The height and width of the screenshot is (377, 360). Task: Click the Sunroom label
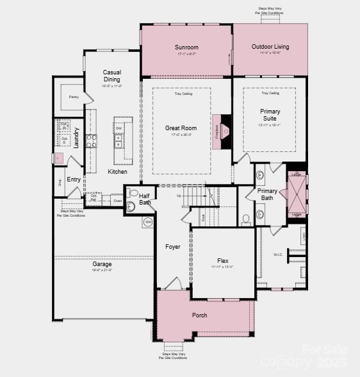point(186,47)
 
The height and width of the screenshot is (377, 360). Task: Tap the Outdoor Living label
point(270,47)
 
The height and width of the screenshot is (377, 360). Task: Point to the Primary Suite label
point(270,115)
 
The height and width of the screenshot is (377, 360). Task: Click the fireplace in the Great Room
point(222,131)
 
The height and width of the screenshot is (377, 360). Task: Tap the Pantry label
point(74,97)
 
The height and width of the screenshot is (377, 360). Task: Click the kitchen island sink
point(119,141)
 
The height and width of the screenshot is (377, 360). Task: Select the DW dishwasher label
point(119,129)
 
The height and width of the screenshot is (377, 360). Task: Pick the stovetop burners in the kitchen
point(92,141)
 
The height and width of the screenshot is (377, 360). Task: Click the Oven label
point(117,201)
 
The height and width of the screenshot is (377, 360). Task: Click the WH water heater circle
point(147,222)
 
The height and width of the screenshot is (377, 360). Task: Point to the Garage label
point(102,264)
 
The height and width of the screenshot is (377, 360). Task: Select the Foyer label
point(173,247)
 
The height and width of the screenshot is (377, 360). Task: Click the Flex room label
point(222,261)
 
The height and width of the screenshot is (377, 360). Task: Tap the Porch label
point(199,315)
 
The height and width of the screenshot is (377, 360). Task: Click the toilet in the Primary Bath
point(247,219)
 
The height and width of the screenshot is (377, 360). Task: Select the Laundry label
point(77,137)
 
